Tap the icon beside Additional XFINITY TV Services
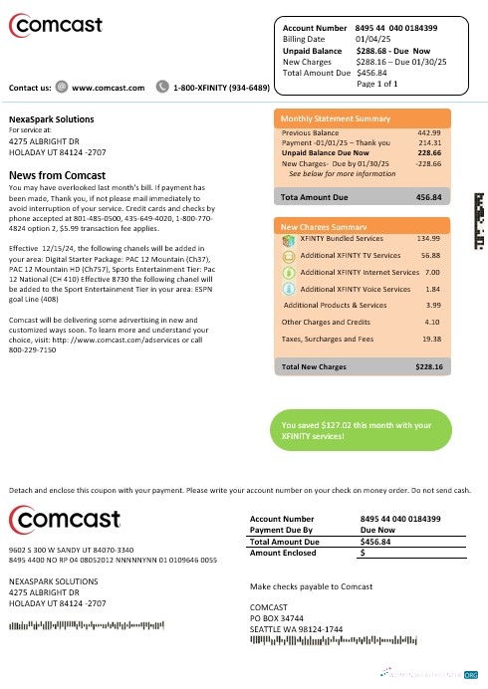[x=288, y=255]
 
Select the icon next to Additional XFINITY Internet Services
[x=288, y=272]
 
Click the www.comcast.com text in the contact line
[x=109, y=88]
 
